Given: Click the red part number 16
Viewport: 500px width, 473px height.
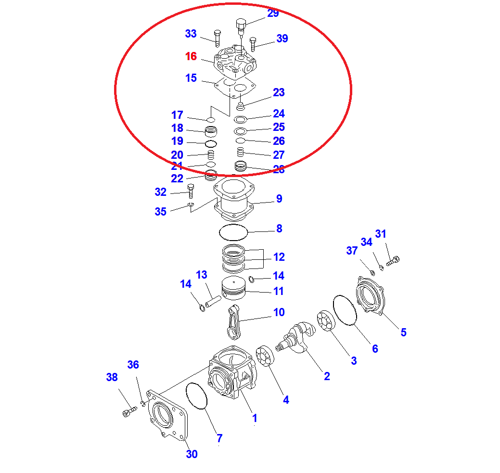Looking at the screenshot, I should point(191,56).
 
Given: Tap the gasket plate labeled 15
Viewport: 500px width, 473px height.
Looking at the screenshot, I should point(234,89).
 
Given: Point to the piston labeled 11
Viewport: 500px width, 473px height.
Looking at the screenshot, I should point(234,289).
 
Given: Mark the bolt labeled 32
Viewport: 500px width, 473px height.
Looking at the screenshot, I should point(191,191).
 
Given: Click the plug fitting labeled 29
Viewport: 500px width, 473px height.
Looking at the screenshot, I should point(241,25).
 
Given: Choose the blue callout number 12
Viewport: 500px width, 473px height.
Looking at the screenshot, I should point(279,257).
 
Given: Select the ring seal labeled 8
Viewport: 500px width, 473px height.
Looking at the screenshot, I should point(233,232).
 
